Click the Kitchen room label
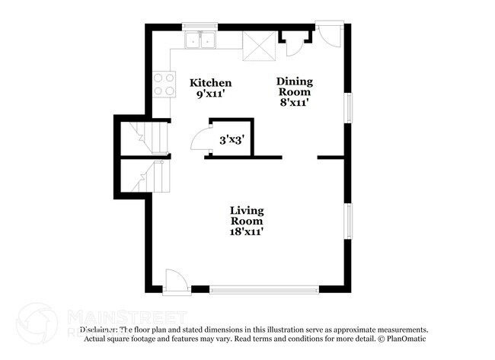tap(211, 82)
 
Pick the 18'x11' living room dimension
tap(247, 231)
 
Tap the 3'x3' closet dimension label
tap(232, 140)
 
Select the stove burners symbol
tap(161, 84)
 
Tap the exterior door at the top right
tap(330, 35)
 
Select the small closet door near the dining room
tap(293, 45)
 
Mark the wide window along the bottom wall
tap(264, 289)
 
